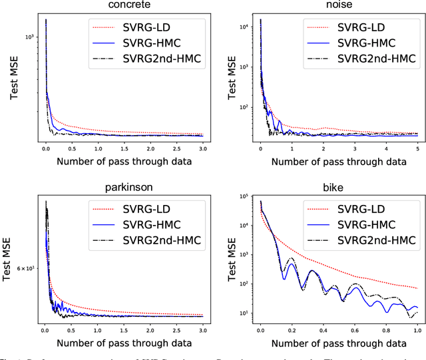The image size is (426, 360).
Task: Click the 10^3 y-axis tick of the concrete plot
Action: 29,37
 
